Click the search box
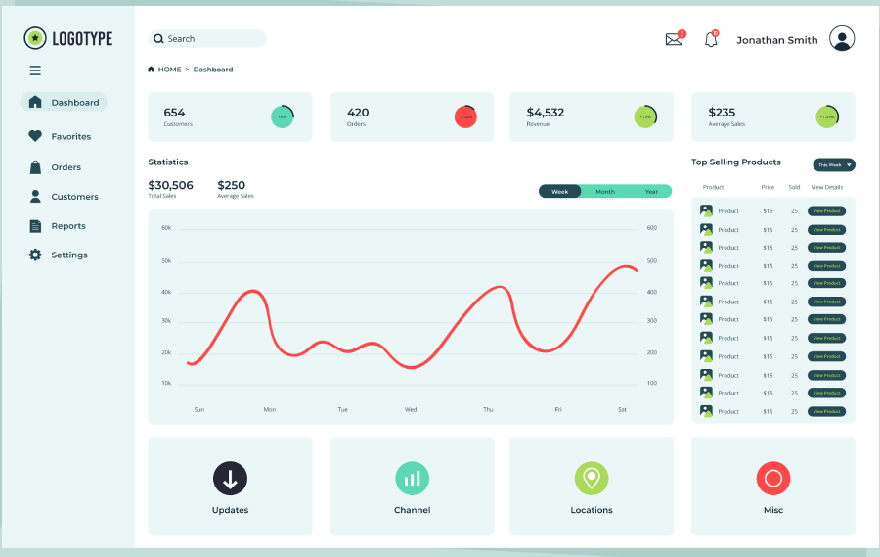[207, 39]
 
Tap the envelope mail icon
[674, 40]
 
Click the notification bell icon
[711, 40]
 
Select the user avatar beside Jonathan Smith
[842, 39]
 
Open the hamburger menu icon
[35, 70]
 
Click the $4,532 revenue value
[546, 113]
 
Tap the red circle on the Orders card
[465, 116]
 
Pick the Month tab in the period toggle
[605, 192]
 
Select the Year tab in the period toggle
[651, 192]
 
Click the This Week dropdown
[834, 165]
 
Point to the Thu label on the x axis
[488, 410]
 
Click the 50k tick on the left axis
[166, 261]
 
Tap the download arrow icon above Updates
[230, 479]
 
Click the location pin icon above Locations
[591, 479]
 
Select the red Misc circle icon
[772, 479]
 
